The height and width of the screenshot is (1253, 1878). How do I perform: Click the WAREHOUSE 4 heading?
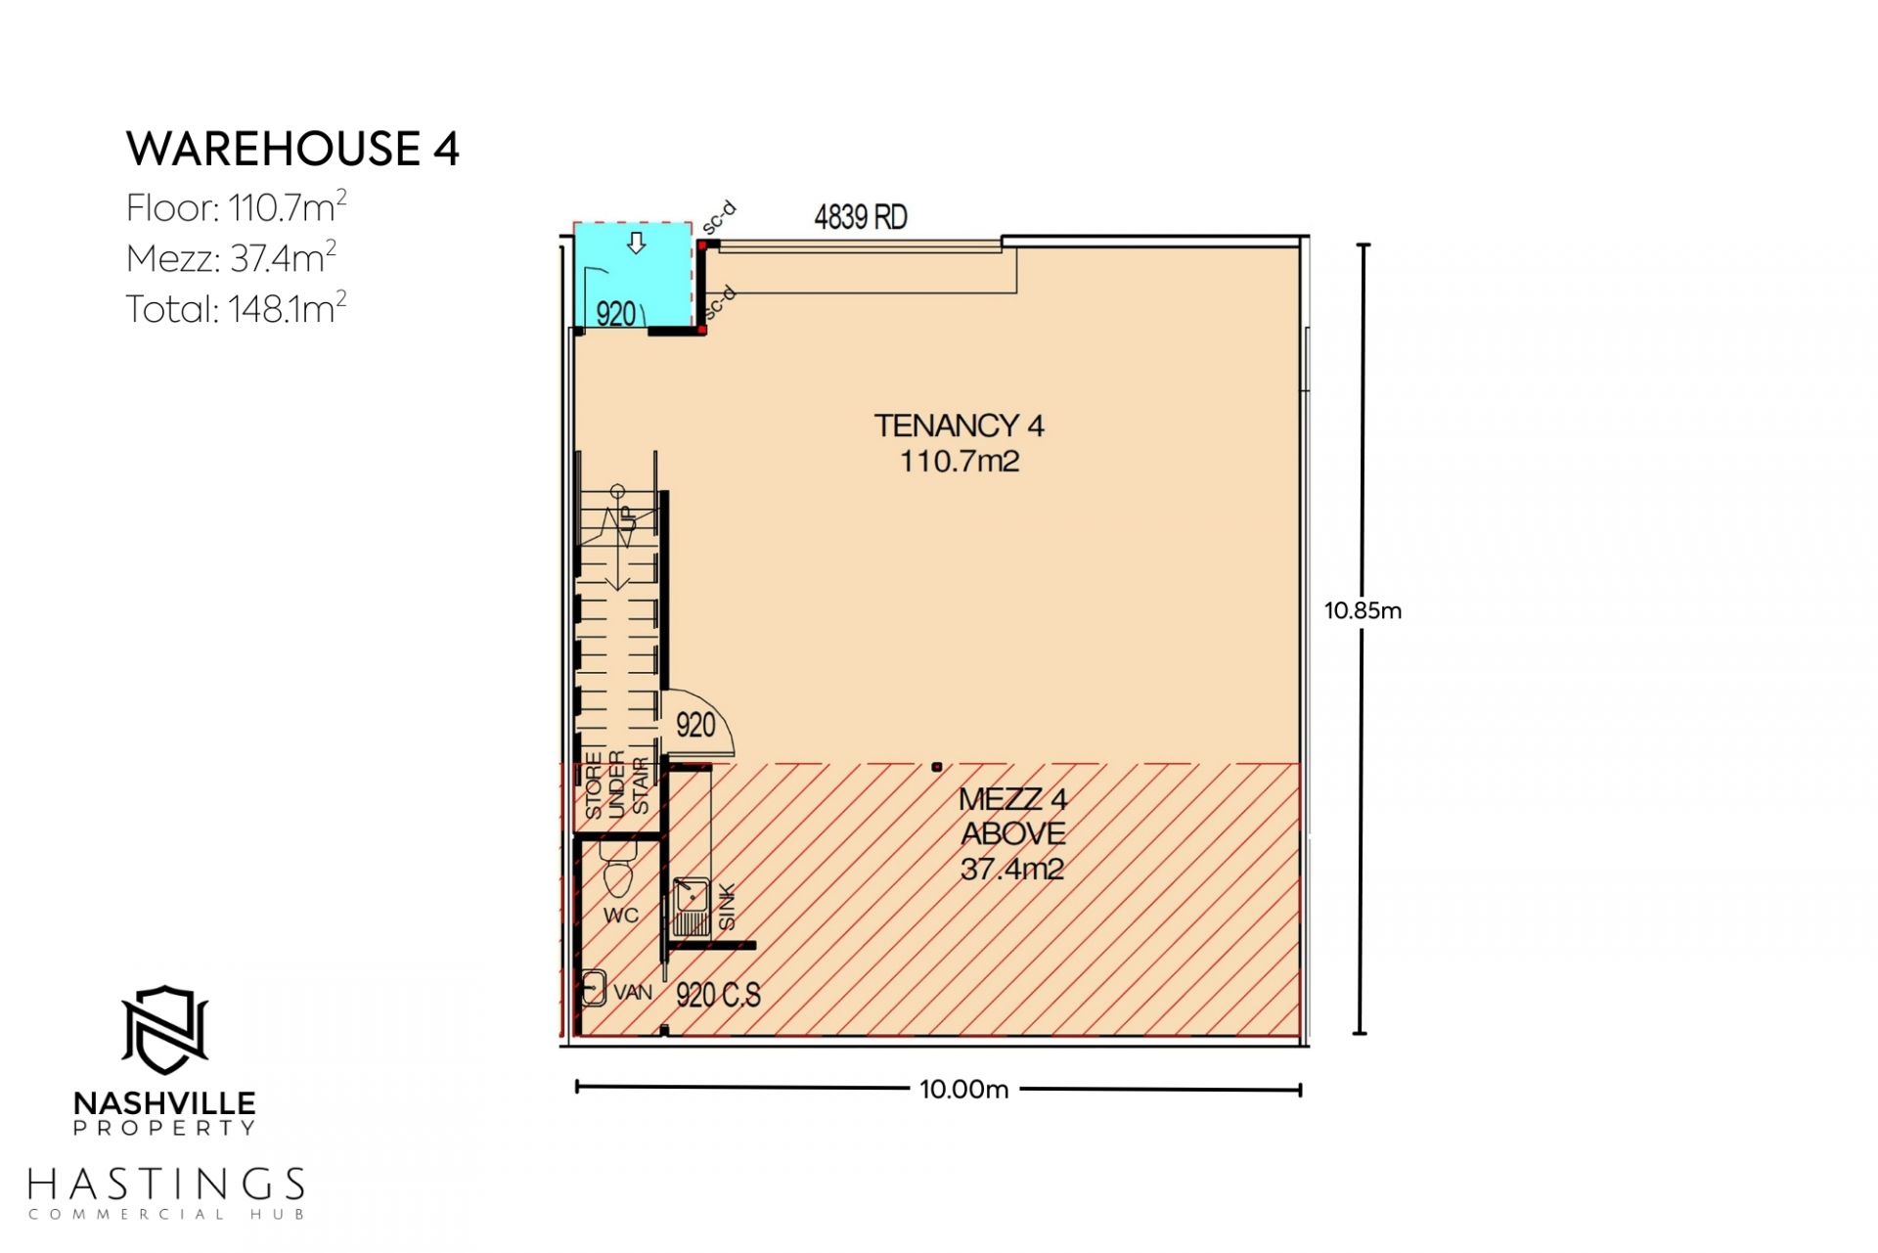(x=292, y=149)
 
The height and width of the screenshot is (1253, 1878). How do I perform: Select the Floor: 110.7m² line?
(x=237, y=206)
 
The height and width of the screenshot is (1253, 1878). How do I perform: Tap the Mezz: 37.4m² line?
(x=232, y=257)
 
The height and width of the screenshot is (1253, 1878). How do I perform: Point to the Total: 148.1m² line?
(x=237, y=308)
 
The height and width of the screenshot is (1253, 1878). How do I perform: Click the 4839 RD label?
(x=861, y=216)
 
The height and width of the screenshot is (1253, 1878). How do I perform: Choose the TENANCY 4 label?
(x=959, y=425)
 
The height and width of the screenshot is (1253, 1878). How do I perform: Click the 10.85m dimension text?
(x=1363, y=610)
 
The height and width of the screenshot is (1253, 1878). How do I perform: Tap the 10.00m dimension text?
(x=963, y=1089)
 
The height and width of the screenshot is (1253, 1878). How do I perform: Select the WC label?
(x=621, y=916)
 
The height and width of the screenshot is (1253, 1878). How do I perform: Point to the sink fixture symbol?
(x=691, y=907)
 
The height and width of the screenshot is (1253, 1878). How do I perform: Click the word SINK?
(x=727, y=907)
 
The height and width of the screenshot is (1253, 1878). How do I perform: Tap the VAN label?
(x=633, y=992)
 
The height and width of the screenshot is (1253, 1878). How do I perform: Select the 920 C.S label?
(x=718, y=995)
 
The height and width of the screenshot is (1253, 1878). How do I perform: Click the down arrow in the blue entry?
(x=636, y=244)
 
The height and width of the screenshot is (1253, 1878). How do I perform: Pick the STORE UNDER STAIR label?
(x=617, y=784)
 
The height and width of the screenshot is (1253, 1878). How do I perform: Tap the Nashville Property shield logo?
(x=165, y=1030)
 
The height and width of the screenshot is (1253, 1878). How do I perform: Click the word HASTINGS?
(x=166, y=1185)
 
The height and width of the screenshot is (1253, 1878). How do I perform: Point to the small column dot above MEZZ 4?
(x=936, y=767)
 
